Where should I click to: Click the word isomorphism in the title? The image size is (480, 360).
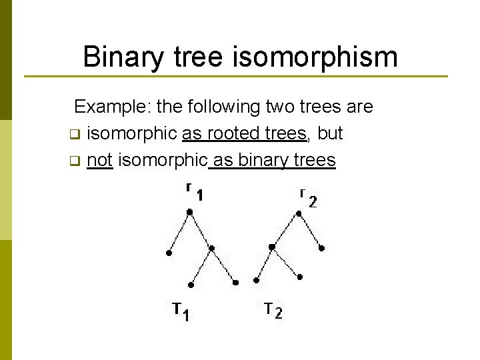click(315, 57)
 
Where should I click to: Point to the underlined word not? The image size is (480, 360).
click(99, 160)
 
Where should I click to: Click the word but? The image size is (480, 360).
click(330, 133)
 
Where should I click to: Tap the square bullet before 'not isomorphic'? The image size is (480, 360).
click(75, 161)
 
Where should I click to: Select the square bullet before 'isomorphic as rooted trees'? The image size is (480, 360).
click(75, 134)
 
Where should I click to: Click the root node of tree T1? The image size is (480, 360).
click(190, 212)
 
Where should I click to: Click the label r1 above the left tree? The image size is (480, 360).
click(195, 193)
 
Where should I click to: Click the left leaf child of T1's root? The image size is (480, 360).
click(168, 253)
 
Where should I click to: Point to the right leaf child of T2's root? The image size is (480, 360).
click(322, 249)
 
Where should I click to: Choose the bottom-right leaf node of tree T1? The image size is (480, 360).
click(235, 283)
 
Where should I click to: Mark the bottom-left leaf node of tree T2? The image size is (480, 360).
click(255, 281)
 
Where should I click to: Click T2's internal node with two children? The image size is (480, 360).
click(272, 247)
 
